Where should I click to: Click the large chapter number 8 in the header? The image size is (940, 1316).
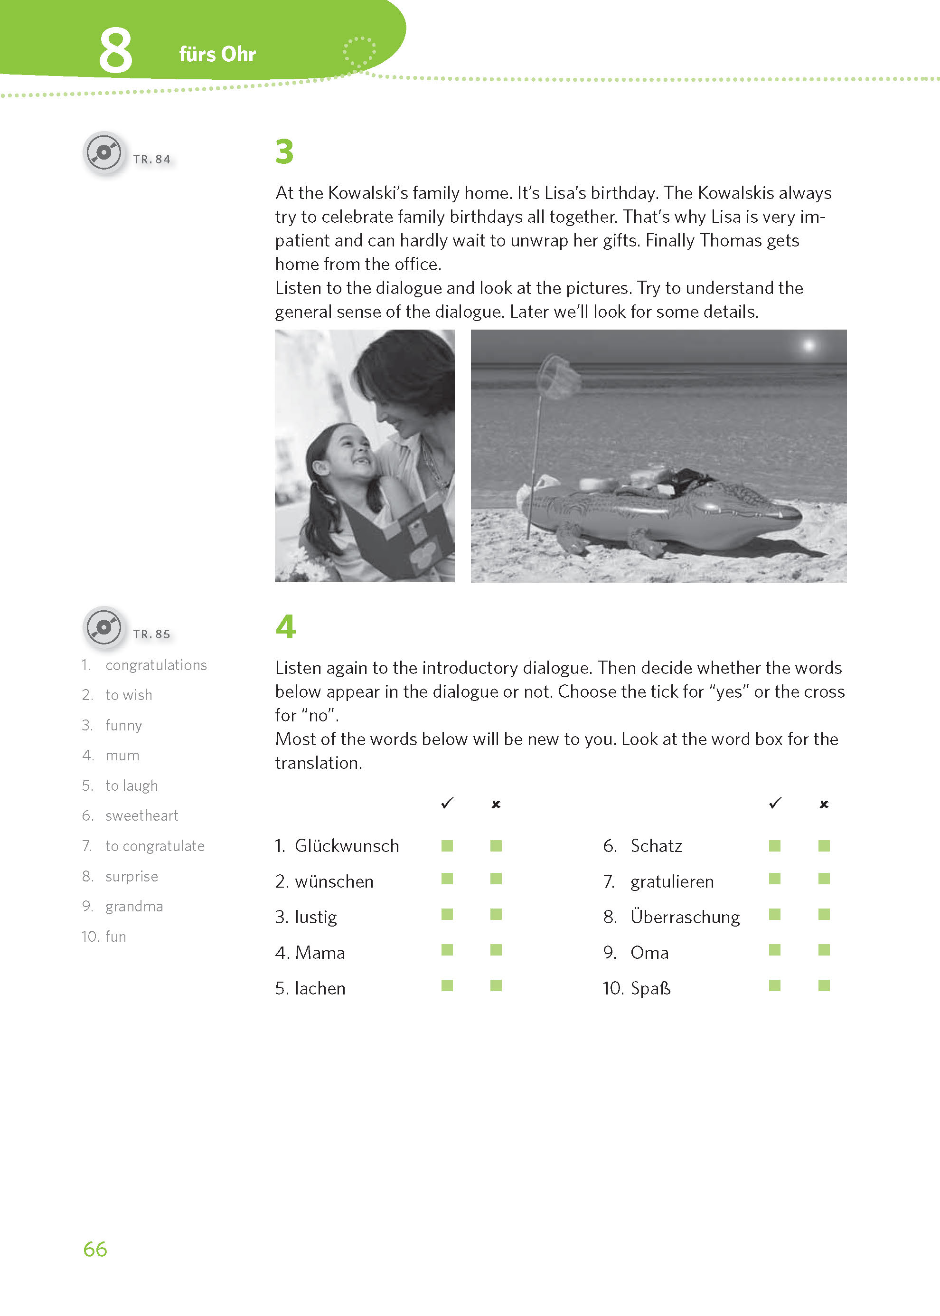click(x=115, y=51)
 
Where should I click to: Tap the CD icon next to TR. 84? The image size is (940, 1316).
click(x=103, y=153)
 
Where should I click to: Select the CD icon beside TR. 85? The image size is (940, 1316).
click(x=103, y=627)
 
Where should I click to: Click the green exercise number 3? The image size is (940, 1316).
click(x=284, y=151)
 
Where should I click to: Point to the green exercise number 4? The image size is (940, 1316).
click(x=285, y=626)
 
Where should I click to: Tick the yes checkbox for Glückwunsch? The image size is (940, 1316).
click(x=447, y=846)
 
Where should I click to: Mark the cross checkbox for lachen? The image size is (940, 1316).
click(x=496, y=985)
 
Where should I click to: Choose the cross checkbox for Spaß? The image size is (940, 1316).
click(x=824, y=985)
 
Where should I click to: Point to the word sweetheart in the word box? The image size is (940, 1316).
click(x=142, y=816)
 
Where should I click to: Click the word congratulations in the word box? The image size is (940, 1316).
click(x=156, y=665)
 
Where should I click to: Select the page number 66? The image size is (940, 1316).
click(x=95, y=1249)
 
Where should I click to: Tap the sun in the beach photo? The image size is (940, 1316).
click(x=808, y=346)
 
